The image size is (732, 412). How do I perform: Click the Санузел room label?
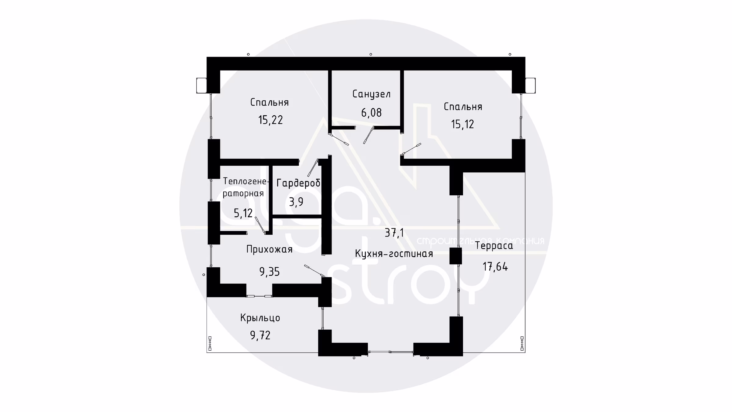click(x=371, y=94)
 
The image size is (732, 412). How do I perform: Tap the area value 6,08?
click(x=371, y=113)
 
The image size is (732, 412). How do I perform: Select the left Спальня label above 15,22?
click(x=269, y=102)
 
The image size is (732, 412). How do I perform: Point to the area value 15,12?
click(x=462, y=124)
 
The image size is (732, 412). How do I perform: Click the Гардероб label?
click(x=298, y=183)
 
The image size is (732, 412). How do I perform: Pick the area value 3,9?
click(x=296, y=202)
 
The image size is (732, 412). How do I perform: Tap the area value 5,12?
click(x=243, y=213)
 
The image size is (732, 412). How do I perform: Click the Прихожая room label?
click(x=269, y=250)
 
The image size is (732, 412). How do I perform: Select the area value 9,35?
click(x=269, y=272)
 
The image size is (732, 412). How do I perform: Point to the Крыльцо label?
click(x=260, y=318)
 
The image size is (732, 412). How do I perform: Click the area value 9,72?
click(x=260, y=335)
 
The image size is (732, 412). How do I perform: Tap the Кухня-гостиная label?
click(x=394, y=254)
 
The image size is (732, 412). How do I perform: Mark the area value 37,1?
click(x=394, y=233)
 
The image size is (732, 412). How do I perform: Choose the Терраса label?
click(x=494, y=246)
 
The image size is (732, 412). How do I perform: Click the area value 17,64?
click(x=495, y=267)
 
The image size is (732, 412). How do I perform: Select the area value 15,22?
click(x=271, y=120)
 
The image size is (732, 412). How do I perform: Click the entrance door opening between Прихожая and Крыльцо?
click(x=259, y=296)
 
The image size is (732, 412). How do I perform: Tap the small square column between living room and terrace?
click(x=456, y=256)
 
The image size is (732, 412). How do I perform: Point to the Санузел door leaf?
click(x=368, y=136)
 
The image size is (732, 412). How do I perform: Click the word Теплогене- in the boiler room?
click(x=246, y=181)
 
